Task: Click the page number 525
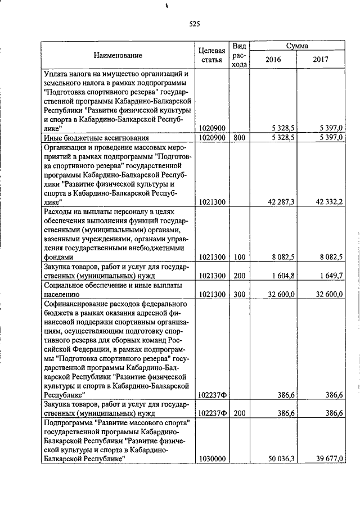click(195, 24)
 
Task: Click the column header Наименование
click(118, 55)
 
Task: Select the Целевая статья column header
click(212, 55)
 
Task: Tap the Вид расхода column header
click(240, 55)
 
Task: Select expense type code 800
click(240, 137)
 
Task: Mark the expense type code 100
click(240, 257)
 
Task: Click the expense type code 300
click(240, 294)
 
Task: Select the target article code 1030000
click(212, 459)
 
